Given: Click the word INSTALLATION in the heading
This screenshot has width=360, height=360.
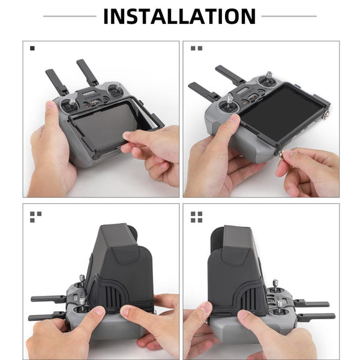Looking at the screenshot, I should coord(179,16).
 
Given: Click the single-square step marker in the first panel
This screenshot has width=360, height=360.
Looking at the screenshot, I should coord(32,48).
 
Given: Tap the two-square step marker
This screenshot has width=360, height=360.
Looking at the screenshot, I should coord(196,48).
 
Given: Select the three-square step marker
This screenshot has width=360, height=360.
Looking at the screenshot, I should coord(35,217).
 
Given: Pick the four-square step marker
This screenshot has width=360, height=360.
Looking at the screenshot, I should coord(196,217).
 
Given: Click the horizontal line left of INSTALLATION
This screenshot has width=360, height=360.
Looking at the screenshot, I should coord(69,16).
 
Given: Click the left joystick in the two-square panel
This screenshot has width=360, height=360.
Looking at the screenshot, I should coord(229,100).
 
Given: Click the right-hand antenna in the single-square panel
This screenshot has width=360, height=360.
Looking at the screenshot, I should coord(88,71).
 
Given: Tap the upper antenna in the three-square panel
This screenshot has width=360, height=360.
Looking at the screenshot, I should coord(48,299).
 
